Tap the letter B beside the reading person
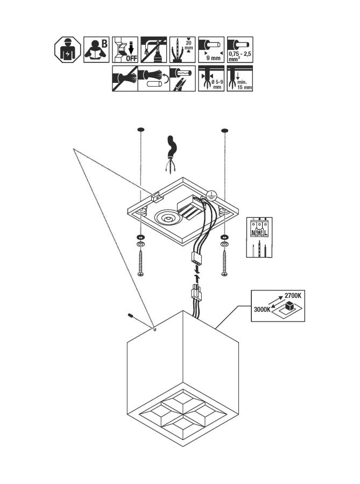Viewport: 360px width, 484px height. tap(104, 42)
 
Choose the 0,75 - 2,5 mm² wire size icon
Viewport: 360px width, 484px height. tap(240, 49)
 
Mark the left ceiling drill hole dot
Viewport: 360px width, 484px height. tap(140, 130)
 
